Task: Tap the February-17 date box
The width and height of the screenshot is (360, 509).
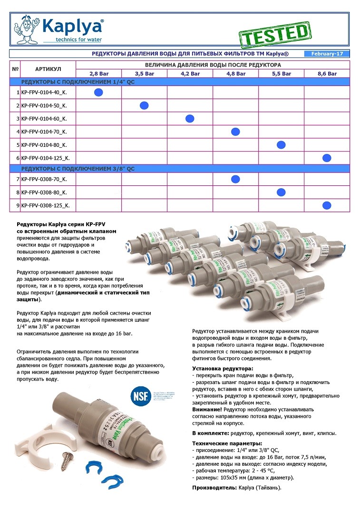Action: (x=327, y=54)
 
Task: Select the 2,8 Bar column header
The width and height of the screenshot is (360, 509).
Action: (x=98, y=74)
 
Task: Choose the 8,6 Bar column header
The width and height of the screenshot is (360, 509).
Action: (x=327, y=74)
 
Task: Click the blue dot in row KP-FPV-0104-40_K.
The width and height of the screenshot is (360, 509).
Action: (x=98, y=92)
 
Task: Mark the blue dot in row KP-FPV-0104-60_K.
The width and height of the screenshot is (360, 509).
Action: (x=190, y=118)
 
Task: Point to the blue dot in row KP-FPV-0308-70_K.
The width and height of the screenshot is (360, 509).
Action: (x=235, y=179)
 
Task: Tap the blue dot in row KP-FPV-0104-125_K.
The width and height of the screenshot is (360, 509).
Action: (x=327, y=158)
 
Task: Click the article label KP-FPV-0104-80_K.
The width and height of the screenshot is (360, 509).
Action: (x=44, y=145)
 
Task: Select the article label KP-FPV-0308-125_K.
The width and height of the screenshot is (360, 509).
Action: (x=46, y=206)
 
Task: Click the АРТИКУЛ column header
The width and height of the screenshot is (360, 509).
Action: (x=48, y=69)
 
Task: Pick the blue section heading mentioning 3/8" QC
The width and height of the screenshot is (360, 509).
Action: (x=78, y=169)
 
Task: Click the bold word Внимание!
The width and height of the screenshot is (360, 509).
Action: (x=207, y=409)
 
